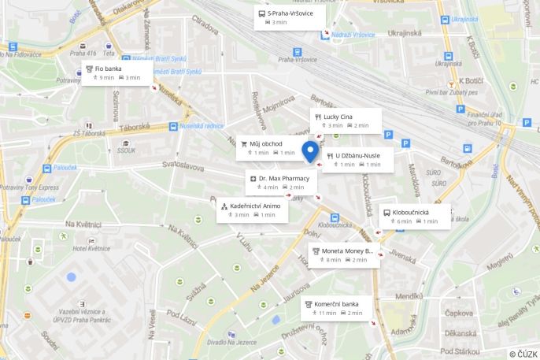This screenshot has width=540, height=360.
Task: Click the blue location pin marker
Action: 311,150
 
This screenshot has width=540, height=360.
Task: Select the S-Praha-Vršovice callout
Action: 290,17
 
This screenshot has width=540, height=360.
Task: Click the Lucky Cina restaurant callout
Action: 346,121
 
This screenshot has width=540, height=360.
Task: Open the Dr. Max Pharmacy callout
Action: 281,183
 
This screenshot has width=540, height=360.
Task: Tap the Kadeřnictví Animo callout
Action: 252,210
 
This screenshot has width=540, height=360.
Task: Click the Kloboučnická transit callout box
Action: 415,217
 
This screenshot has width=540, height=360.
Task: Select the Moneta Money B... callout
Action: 344,255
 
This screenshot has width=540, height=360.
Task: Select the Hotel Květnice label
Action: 91,247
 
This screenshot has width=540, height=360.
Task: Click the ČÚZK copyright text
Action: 523,354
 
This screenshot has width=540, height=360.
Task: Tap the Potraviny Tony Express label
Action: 29,187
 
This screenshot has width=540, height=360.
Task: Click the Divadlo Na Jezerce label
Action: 231,342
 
